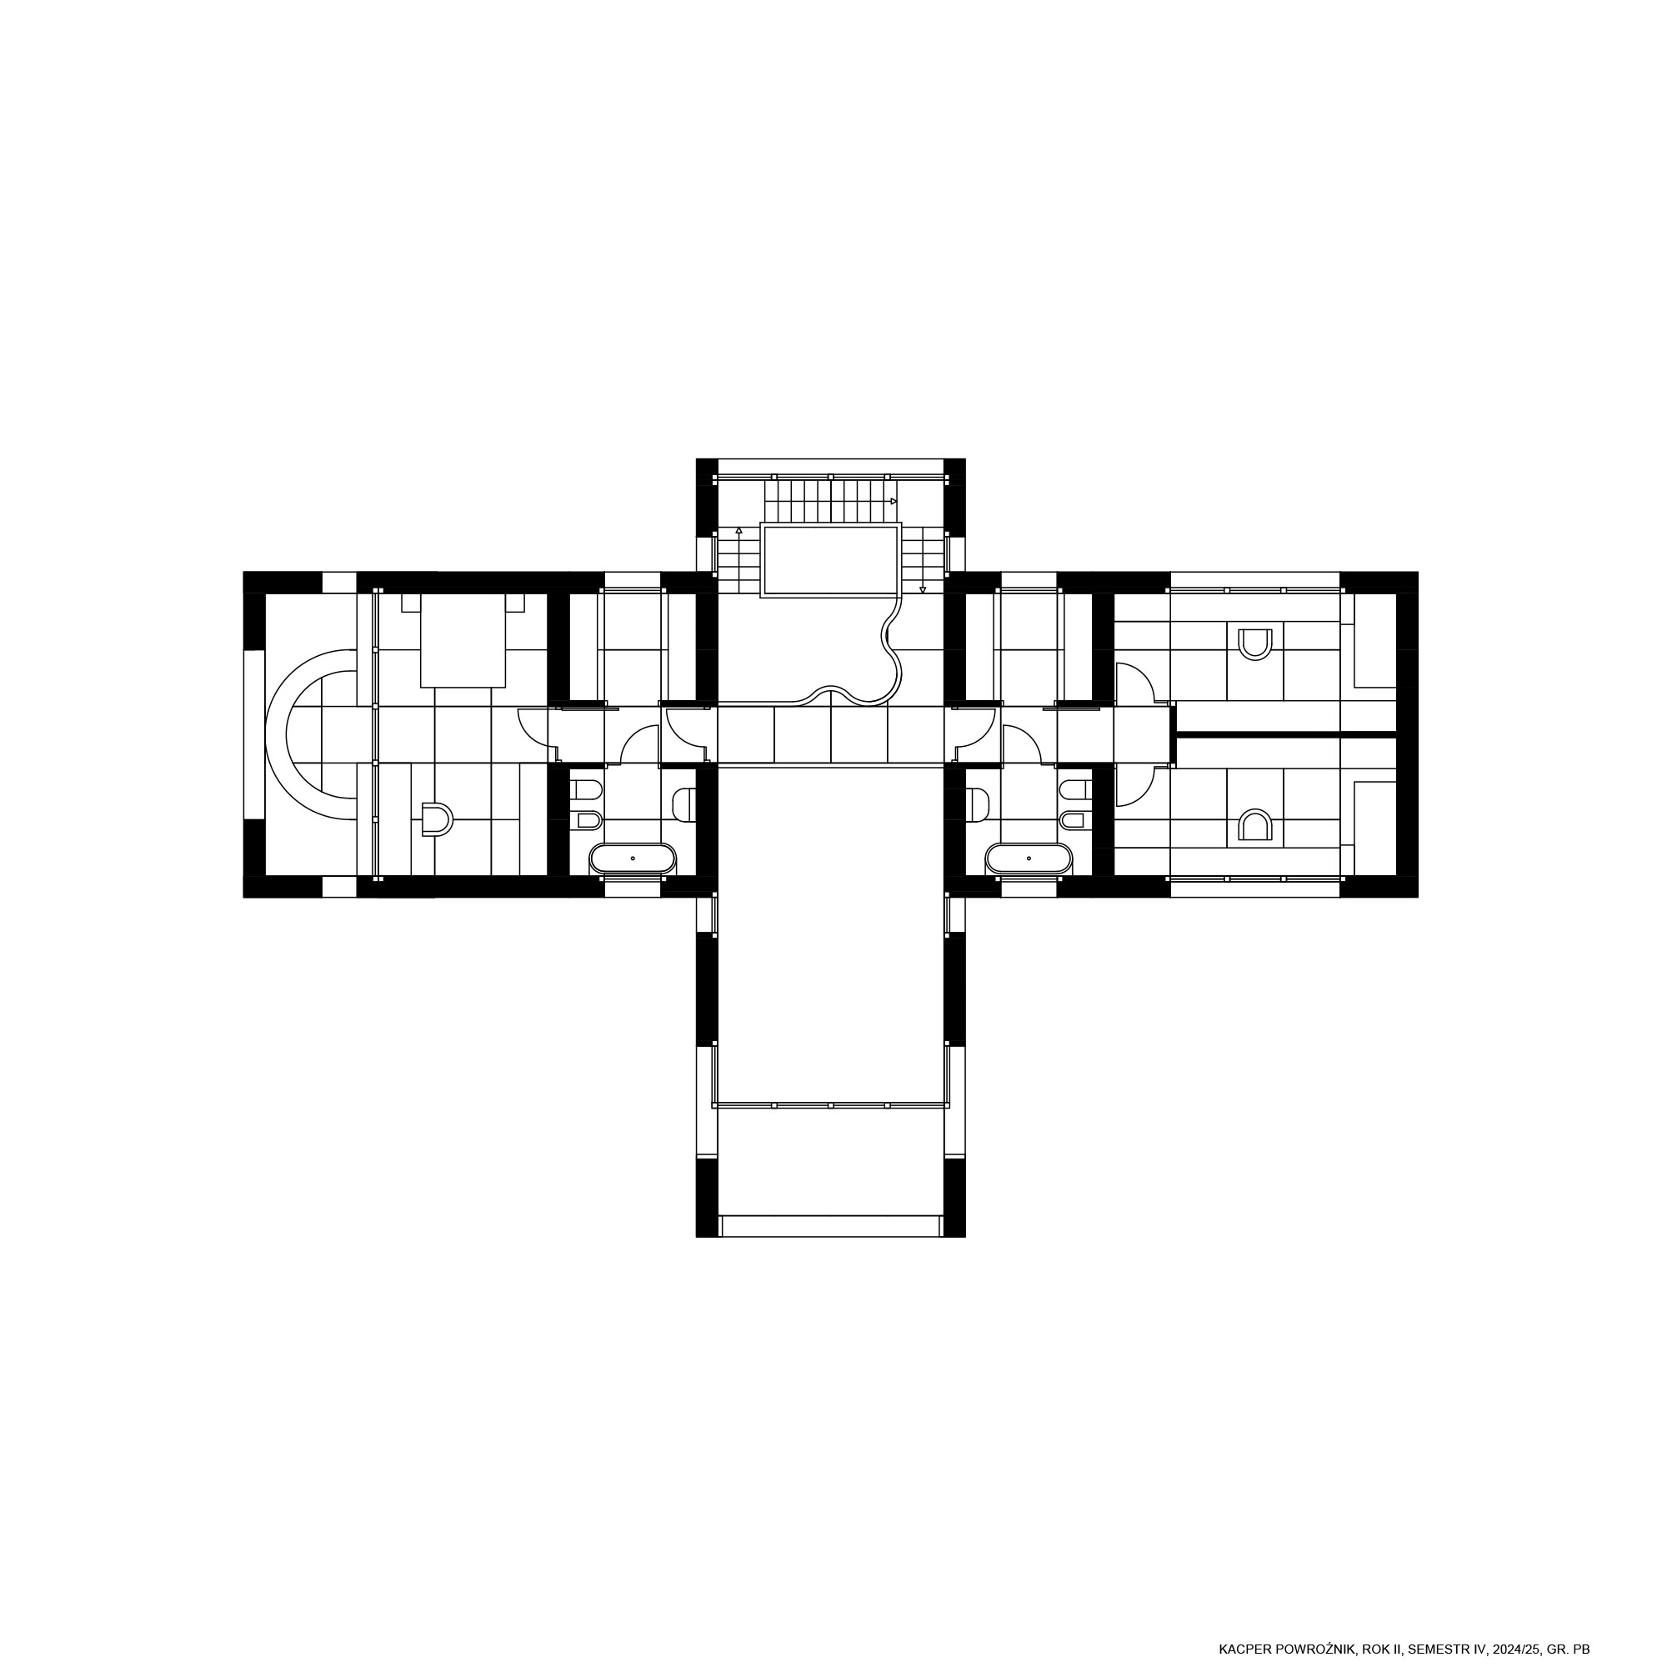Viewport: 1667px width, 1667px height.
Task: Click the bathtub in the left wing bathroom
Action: (633, 859)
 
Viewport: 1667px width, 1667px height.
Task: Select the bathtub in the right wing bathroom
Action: (1029, 859)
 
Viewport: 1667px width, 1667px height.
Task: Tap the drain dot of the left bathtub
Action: (633, 859)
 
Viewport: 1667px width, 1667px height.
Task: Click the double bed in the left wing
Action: (463, 640)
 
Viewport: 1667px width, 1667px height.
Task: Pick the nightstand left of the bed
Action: (411, 603)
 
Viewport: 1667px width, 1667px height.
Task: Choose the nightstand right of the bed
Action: (515, 603)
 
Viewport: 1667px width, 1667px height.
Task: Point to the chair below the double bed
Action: (437, 819)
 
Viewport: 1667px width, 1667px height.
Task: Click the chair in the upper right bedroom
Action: (1255, 644)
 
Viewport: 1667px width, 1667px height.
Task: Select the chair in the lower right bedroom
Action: (1255, 825)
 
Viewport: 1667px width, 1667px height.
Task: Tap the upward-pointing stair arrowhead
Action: (738, 531)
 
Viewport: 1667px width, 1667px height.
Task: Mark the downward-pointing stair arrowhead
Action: (924, 590)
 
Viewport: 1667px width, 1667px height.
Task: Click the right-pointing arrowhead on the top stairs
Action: (894, 500)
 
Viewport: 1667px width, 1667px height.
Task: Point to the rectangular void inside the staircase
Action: (831, 560)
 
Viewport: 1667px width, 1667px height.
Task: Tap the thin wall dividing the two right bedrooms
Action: (1286, 734)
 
